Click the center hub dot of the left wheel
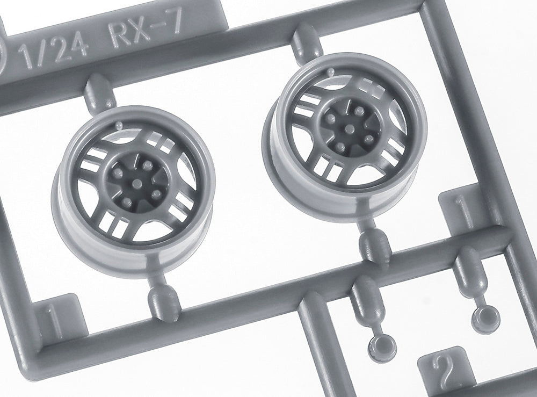click(x=137, y=182)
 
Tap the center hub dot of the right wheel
click(x=349, y=128)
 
